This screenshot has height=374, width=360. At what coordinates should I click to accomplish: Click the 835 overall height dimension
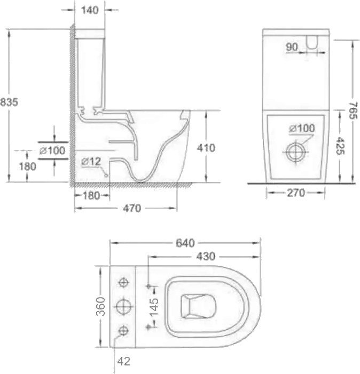point(9,102)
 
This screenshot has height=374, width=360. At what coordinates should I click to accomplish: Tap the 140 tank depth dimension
point(90,10)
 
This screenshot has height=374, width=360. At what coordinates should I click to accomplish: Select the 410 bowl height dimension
point(206,148)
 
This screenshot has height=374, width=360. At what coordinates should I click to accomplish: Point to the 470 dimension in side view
point(132,209)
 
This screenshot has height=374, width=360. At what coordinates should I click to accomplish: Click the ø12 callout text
point(91,162)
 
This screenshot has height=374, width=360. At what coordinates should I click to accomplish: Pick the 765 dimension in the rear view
point(353,111)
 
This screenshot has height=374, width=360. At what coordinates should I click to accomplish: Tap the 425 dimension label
point(340,146)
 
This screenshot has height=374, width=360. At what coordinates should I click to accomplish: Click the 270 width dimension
point(296,193)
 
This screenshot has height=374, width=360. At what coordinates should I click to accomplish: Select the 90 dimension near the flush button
point(292,47)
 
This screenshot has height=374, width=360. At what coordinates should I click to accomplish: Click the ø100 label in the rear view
point(302,129)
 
